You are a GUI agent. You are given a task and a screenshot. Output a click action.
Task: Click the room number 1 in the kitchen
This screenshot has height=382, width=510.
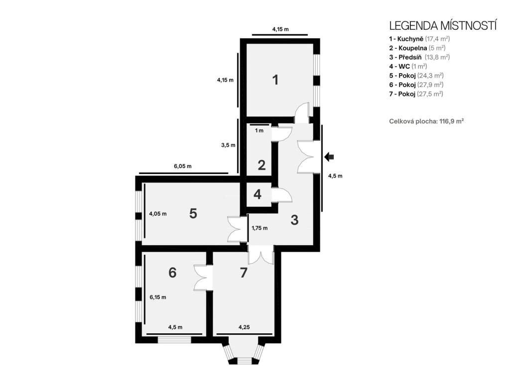click(x=275, y=80)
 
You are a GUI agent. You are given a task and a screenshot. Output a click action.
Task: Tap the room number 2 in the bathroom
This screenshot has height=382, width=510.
click(x=261, y=165)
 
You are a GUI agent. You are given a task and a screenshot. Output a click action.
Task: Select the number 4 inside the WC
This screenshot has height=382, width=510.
click(x=257, y=194)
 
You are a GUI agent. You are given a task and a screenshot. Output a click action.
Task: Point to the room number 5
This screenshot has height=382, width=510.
click(x=193, y=213)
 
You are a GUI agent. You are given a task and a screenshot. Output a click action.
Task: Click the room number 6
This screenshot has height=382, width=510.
click(x=172, y=273)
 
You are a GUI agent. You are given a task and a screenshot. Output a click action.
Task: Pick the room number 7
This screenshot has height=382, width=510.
click(x=243, y=273)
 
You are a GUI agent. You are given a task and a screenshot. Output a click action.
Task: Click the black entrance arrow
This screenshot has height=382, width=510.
click(x=329, y=157)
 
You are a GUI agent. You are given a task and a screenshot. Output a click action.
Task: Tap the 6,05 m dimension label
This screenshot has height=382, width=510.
click(x=182, y=166)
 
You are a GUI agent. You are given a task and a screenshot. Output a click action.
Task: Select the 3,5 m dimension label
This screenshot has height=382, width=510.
click(x=228, y=145)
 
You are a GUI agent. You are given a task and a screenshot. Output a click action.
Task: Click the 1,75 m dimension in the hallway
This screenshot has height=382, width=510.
click(x=259, y=228)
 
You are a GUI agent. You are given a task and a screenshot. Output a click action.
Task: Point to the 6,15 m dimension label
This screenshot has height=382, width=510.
click(x=158, y=297)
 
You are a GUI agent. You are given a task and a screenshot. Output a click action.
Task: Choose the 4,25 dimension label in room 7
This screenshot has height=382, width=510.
click(x=244, y=327)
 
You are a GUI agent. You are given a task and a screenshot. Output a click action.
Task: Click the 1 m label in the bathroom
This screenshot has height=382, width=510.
click(x=259, y=131)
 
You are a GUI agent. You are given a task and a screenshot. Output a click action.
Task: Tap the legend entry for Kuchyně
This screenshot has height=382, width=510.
click(x=419, y=39)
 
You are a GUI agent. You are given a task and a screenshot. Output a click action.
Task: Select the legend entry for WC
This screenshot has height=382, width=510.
click(x=408, y=66)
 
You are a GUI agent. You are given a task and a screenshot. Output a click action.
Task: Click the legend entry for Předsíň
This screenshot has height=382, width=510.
click(x=419, y=57)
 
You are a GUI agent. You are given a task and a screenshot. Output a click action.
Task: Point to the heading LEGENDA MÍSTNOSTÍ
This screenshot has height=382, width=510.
click(x=443, y=26)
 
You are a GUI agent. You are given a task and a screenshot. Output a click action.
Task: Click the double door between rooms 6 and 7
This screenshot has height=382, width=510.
click(x=203, y=278)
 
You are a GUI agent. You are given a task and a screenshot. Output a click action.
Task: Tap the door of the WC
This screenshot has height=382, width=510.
click(x=282, y=195)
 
